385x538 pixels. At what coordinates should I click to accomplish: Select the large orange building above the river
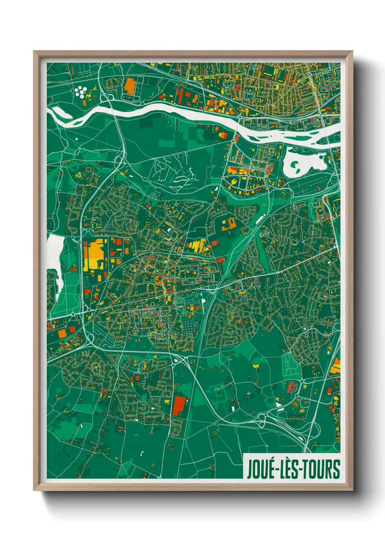(130, 86)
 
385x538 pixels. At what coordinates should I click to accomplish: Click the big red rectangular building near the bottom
(179, 406)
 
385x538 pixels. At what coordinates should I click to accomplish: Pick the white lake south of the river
(304, 161)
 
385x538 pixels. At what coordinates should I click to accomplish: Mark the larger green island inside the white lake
(296, 166)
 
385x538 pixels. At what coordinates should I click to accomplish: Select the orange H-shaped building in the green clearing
(228, 224)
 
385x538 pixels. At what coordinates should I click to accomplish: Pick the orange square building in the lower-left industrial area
(62, 333)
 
